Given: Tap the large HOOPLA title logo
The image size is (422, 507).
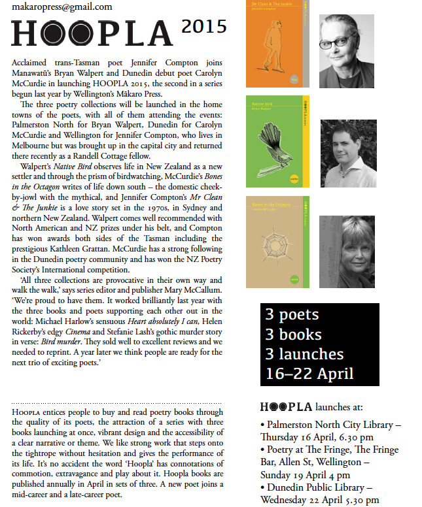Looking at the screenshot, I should (x=91, y=33).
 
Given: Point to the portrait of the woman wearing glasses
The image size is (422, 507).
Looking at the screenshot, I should (x=346, y=51).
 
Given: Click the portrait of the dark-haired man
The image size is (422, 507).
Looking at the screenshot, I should (x=348, y=152).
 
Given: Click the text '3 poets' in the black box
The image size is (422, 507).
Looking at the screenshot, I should (x=292, y=315).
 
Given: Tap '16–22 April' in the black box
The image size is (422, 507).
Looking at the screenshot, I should (x=309, y=374).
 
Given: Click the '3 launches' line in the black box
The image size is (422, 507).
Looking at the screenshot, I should (x=304, y=354).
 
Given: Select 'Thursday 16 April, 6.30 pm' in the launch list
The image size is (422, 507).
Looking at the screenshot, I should (x=317, y=437).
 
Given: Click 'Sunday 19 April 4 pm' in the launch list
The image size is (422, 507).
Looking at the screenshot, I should (x=306, y=475).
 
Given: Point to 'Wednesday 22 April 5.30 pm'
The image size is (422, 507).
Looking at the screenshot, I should (x=319, y=500).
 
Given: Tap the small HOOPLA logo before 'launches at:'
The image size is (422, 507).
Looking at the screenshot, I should (x=285, y=407).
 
